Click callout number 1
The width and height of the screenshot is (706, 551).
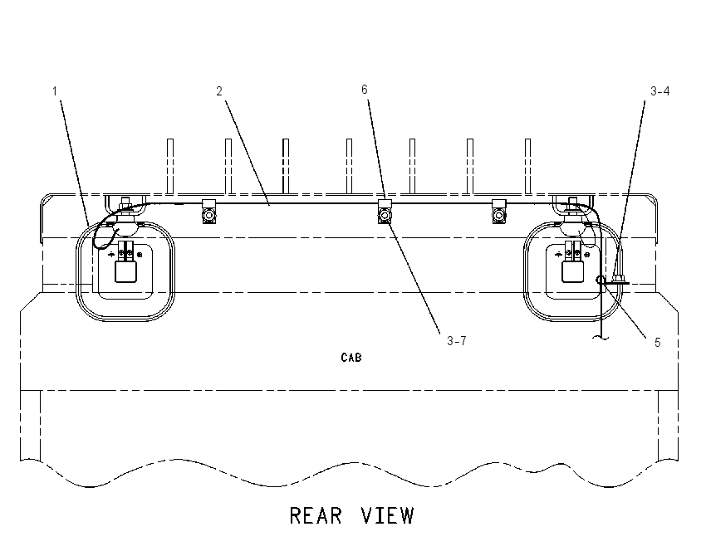pyautogui.click(x=55, y=91)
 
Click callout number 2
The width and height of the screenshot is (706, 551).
pyautogui.click(x=219, y=91)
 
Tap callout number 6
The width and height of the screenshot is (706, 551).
pyautogui.click(x=365, y=90)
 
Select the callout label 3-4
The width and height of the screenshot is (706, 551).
pyautogui.click(x=660, y=91)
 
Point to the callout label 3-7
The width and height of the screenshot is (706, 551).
pyautogui.click(x=457, y=341)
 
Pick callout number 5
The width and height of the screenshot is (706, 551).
pyautogui.click(x=657, y=343)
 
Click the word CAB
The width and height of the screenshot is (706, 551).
pyautogui.click(x=351, y=358)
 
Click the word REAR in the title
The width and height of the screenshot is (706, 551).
pyautogui.click(x=316, y=515)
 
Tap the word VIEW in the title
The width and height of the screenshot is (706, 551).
pyautogui.click(x=387, y=515)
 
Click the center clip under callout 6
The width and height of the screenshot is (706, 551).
pyautogui.click(x=385, y=211)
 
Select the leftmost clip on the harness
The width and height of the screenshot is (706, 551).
pyautogui.click(x=209, y=211)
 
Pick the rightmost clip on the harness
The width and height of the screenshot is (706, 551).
pyautogui.click(x=499, y=211)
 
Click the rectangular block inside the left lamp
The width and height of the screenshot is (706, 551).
pyautogui.click(x=125, y=271)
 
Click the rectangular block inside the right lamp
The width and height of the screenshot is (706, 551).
pyautogui.click(x=573, y=271)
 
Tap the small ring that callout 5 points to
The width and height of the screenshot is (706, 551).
pyautogui.click(x=601, y=280)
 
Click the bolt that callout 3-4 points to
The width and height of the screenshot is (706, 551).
pyautogui.click(x=618, y=280)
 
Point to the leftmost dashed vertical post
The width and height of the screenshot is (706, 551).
pyautogui.click(x=170, y=167)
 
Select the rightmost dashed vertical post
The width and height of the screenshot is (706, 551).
pyautogui.click(x=527, y=167)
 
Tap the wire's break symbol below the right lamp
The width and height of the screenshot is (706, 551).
pyautogui.click(x=601, y=338)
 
